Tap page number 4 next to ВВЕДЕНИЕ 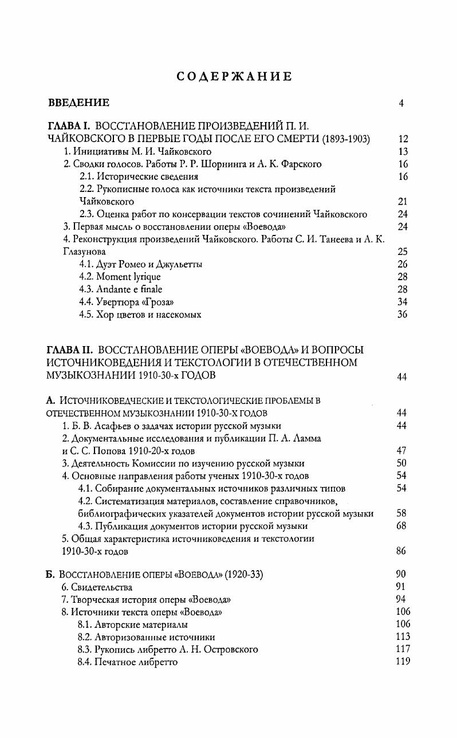point(401,104)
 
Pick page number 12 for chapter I point(402,139)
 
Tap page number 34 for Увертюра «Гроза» point(402,302)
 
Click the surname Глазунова point(84,252)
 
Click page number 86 point(401,551)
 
